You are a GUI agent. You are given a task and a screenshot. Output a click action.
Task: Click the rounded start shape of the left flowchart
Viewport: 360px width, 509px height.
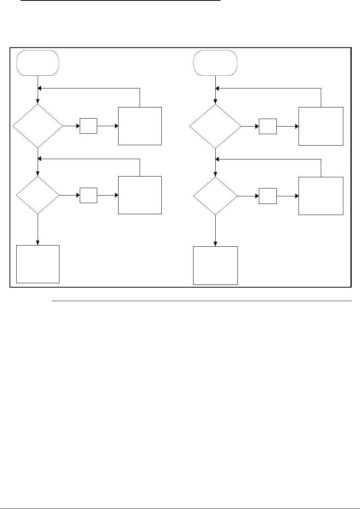[x=38, y=62]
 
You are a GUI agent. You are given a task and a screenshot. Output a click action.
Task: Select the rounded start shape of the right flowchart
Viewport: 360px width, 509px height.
[x=215, y=62]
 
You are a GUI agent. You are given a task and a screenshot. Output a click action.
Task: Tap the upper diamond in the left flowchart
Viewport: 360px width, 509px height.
[x=38, y=126]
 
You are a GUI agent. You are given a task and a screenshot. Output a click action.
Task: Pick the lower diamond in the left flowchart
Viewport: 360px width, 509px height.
[x=38, y=195]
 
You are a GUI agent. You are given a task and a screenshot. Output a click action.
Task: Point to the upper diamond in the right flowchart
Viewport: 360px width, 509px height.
[x=215, y=127]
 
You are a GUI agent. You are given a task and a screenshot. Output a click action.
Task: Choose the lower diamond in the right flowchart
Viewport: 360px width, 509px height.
[x=215, y=196]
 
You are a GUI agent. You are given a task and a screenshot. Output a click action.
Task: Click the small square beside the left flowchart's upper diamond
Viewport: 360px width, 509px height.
[x=88, y=126]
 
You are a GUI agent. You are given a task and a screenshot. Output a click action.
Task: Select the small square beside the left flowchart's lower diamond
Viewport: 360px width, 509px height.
[x=88, y=196]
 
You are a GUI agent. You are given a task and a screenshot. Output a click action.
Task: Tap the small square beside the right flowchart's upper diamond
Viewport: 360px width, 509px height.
[x=268, y=127]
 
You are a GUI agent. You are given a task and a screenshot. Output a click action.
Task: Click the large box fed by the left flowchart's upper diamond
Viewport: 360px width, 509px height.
[x=140, y=126]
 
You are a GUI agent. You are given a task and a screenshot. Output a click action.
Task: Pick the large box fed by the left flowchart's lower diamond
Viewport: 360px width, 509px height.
[x=140, y=195]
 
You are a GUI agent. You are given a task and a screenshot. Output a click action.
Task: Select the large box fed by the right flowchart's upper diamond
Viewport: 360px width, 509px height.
[x=321, y=126]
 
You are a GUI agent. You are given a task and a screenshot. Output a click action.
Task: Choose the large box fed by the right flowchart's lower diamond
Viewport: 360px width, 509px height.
[x=321, y=196]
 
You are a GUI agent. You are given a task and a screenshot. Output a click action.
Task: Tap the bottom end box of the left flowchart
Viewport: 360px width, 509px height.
[x=38, y=264]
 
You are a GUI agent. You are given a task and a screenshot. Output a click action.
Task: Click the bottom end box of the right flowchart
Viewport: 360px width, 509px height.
[x=215, y=265]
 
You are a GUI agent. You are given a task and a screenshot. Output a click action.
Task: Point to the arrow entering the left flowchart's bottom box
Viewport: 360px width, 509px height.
[x=38, y=230]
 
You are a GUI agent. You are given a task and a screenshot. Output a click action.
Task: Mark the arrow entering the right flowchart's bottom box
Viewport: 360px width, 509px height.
[x=215, y=231]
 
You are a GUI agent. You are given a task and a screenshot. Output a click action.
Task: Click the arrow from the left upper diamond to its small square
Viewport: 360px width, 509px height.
[x=71, y=126]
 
